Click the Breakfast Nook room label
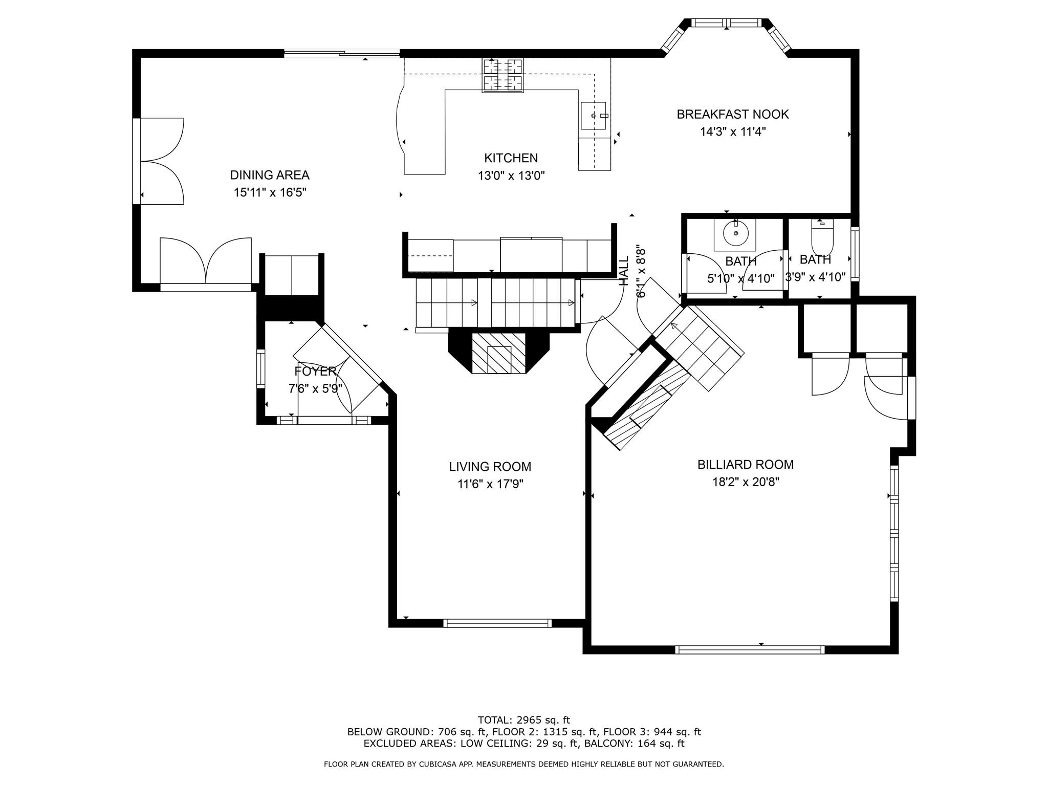pos(733,114)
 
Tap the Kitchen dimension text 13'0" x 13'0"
pos(511,176)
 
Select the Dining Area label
pos(270,175)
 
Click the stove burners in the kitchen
pos(503,75)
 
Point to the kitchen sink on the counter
pos(594,116)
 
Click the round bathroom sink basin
pos(736,233)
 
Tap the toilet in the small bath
pos(822,236)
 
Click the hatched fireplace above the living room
pos(498,353)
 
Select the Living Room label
pos(490,467)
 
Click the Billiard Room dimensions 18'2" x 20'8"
pos(746,482)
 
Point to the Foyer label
pos(315,371)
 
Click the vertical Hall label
pos(624,271)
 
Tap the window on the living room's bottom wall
pos(497,623)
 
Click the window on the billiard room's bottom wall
pos(750,649)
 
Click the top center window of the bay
pos(727,23)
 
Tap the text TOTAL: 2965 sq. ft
pos(524,720)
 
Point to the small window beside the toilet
pos(855,254)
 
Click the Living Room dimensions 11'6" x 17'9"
pos(490,484)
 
